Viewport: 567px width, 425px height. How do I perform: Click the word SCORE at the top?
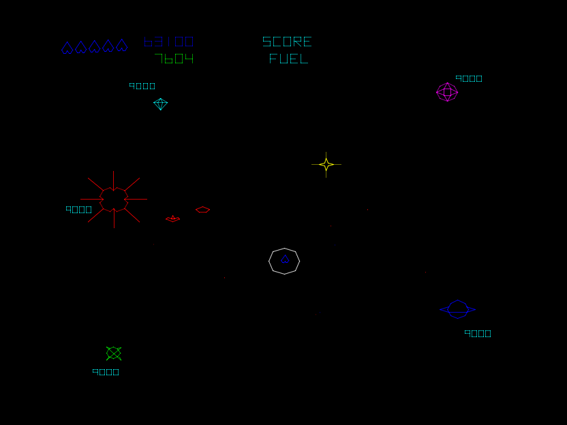[287, 42]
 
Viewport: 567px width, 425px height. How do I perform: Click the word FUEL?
[288, 59]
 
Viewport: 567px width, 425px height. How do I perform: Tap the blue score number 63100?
[168, 42]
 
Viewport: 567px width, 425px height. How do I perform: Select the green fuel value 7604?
[174, 59]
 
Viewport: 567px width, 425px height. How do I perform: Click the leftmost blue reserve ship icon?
[67, 48]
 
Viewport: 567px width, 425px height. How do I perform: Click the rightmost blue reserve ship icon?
[122, 46]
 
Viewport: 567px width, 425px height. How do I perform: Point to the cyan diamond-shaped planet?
[160, 104]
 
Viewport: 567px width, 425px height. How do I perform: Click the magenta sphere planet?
[447, 92]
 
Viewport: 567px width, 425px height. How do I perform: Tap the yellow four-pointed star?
[326, 164]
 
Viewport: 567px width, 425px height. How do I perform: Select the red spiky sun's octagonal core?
[114, 199]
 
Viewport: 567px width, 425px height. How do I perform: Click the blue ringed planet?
[457, 309]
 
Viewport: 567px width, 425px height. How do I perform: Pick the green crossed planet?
[114, 353]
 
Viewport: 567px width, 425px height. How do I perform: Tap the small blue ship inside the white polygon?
[285, 259]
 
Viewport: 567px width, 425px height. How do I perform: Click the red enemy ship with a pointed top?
[173, 219]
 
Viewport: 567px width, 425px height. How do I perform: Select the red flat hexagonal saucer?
[202, 210]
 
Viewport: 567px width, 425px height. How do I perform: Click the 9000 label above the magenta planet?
[469, 78]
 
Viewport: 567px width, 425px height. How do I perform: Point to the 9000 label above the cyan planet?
[142, 86]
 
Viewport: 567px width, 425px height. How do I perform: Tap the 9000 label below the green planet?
[106, 372]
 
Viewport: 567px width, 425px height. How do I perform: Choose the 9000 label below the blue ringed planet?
[478, 334]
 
